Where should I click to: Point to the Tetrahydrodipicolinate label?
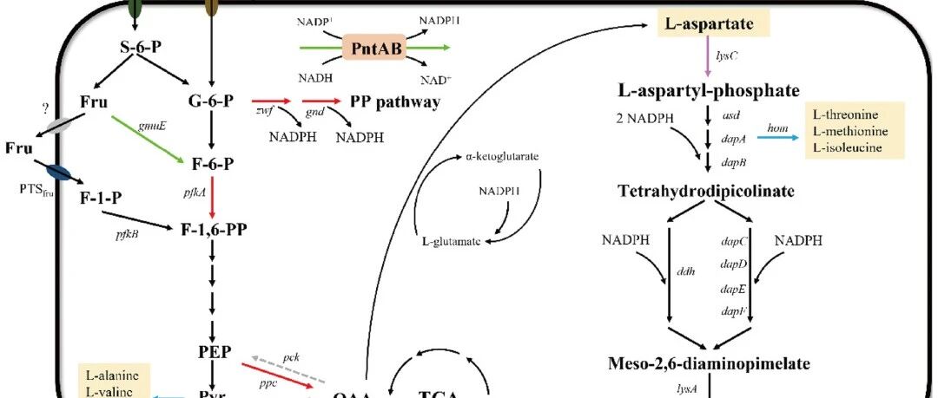(706, 191)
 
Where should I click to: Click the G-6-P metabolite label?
(210, 101)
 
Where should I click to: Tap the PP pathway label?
(395, 101)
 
